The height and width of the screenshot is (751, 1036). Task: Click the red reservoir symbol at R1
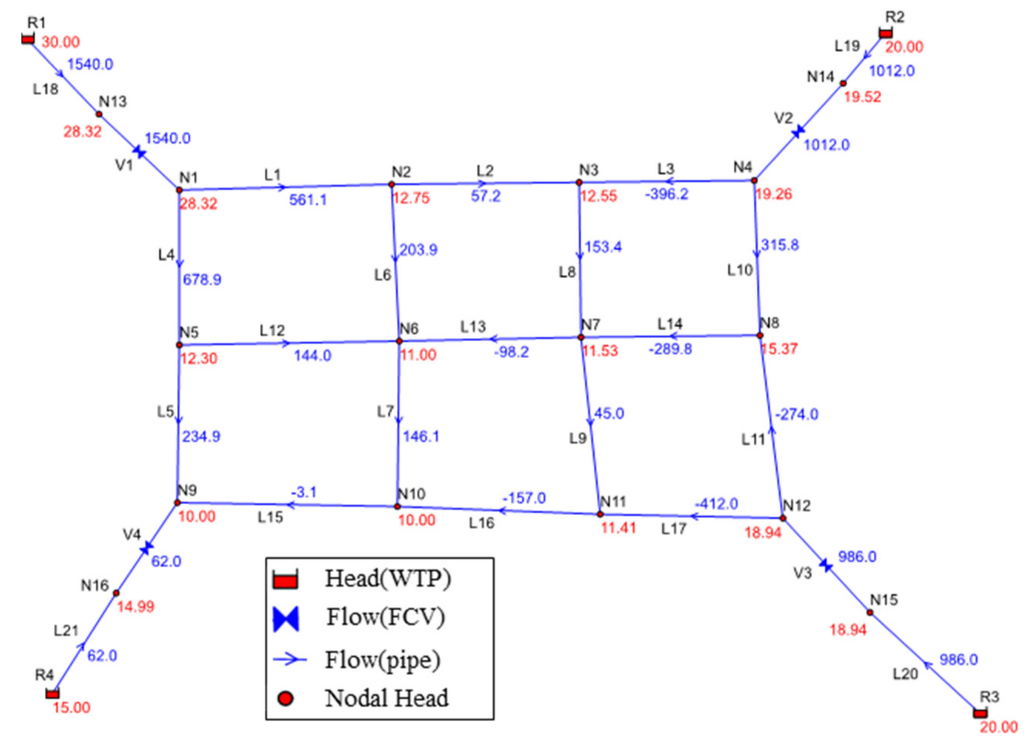click(x=28, y=39)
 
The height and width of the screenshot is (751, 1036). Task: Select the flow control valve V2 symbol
click(x=798, y=132)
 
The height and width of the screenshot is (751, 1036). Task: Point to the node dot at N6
click(x=399, y=341)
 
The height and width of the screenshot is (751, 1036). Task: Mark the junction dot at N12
click(x=783, y=518)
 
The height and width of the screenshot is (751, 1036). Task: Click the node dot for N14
click(x=843, y=83)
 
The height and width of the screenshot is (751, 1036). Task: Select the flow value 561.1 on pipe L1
click(x=308, y=200)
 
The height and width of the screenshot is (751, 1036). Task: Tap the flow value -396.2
click(x=667, y=194)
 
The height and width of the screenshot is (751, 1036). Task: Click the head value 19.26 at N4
click(x=773, y=194)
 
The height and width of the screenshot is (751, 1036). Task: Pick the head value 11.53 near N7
click(x=600, y=351)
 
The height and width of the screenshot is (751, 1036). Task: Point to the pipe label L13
click(x=473, y=326)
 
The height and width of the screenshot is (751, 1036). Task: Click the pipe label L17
click(x=674, y=529)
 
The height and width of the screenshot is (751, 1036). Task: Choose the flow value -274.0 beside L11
click(x=797, y=414)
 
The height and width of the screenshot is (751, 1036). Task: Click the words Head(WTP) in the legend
click(x=388, y=579)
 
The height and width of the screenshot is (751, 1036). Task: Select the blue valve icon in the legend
click(x=286, y=619)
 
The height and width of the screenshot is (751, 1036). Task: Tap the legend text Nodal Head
click(x=387, y=698)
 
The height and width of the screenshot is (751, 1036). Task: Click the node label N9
click(x=187, y=490)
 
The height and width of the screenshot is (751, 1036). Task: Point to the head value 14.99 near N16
click(x=136, y=607)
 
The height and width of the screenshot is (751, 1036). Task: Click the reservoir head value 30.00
click(x=61, y=42)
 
